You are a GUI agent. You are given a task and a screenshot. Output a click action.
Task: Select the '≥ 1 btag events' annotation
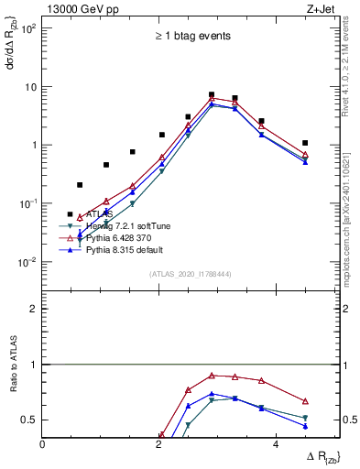tap(192, 37)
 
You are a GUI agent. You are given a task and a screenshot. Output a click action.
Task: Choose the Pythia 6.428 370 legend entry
tap(119, 237)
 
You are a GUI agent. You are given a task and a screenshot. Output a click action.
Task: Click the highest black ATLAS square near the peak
tap(212, 94)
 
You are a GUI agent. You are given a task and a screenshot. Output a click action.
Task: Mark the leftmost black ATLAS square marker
tap(71, 214)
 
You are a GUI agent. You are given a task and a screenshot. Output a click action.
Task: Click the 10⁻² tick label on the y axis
tap(27, 262)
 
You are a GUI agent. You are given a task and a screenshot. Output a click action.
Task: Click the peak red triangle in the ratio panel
tap(212, 376)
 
